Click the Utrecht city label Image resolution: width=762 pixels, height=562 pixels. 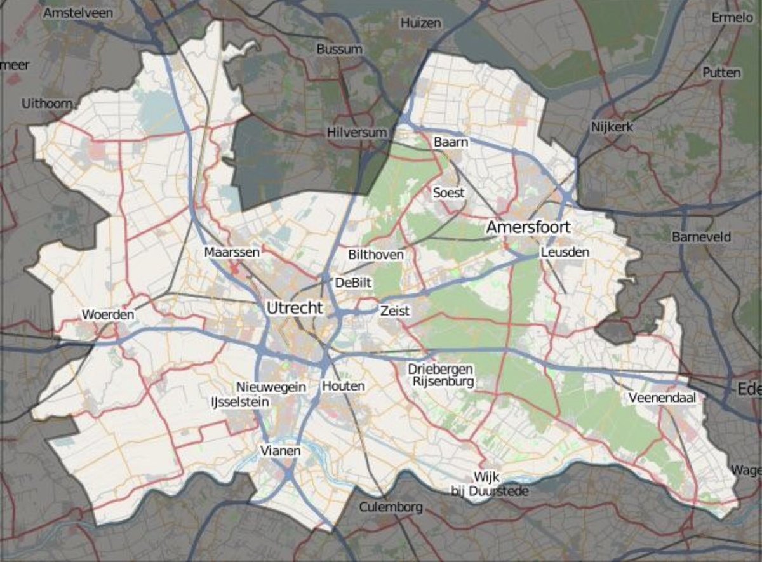point(295,309)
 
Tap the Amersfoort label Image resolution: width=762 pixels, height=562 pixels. point(528,227)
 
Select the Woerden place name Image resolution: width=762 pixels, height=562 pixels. point(108,315)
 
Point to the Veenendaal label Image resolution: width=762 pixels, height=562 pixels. point(662,398)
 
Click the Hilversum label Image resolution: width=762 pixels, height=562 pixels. point(357,132)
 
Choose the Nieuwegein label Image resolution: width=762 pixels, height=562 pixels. point(271,387)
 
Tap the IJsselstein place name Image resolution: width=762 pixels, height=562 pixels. point(239,402)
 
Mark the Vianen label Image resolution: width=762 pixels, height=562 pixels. point(280,450)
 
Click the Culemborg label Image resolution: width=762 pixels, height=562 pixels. point(391,507)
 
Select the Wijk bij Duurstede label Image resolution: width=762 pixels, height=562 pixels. point(489,484)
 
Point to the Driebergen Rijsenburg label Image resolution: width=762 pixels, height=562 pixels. point(441,375)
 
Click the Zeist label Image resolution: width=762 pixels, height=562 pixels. point(395,311)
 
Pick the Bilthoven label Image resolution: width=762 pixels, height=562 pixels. point(376,255)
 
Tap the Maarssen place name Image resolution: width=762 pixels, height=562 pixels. point(232,252)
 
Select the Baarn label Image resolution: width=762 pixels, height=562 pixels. point(451,142)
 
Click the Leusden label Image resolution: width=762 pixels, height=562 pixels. point(565,252)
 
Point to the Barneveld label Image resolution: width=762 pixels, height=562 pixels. point(701,237)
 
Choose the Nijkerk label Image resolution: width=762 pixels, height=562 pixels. point(612,127)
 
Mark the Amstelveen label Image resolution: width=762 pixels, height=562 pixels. point(78,13)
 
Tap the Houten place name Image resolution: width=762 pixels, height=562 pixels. point(343,386)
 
